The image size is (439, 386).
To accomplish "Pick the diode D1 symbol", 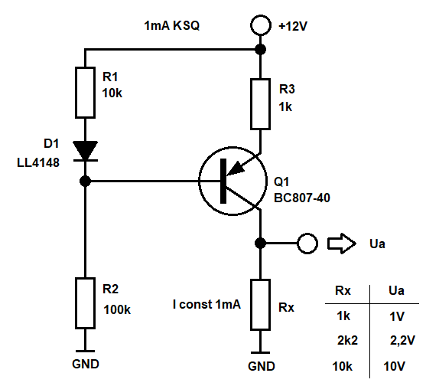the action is (x=85, y=151).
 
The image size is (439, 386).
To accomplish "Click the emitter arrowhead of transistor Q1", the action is (x=236, y=168).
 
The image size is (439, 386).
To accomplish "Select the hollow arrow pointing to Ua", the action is (x=342, y=244).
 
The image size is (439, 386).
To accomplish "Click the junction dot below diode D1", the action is (x=85, y=181).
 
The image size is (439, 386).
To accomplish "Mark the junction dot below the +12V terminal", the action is (x=261, y=50).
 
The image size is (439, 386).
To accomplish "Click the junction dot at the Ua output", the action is (x=260, y=243).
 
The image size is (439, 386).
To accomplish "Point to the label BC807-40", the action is (x=302, y=198).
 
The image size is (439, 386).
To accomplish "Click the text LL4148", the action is (x=38, y=162).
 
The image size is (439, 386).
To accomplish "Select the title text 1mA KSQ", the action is (x=171, y=25).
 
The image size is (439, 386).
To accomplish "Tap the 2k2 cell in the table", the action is (x=347, y=340).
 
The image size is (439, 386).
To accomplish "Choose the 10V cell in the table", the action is (x=394, y=366).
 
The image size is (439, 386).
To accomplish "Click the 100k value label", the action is (x=117, y=309).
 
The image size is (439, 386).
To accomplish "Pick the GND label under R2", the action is (x=86, y=364).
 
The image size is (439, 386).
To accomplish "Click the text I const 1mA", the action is (x=206, y=304).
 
